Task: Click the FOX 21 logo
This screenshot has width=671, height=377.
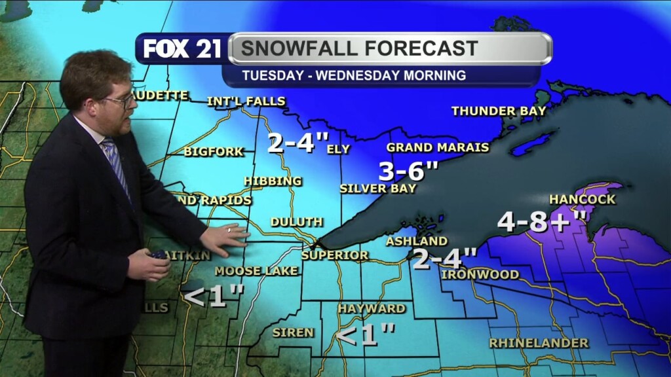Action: click(182, 49)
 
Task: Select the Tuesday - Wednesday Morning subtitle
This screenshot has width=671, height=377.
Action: click(354, 75)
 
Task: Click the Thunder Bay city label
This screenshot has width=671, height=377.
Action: click(499, 111)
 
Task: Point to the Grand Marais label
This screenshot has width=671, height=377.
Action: click(438, 147)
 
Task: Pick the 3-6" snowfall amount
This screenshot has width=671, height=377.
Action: click(408, 171)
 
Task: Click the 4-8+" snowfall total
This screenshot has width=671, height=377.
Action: click(541, 222)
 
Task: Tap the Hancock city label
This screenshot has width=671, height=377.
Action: click(583, 199)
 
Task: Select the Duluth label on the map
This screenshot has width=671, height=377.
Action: click(296, 222)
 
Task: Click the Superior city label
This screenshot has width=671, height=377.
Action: click(335, 255)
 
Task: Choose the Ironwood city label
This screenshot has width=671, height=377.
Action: click(480, 274)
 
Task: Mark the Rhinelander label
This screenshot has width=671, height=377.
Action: click(539, 342)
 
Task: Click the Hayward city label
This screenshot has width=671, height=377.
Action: click(372, 308)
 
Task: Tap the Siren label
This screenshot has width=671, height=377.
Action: click(293, 332)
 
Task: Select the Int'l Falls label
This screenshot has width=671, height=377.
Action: click(246, 101)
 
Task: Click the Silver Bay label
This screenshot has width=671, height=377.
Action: click(378, 188)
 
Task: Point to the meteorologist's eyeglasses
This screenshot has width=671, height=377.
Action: click(121, 101)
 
